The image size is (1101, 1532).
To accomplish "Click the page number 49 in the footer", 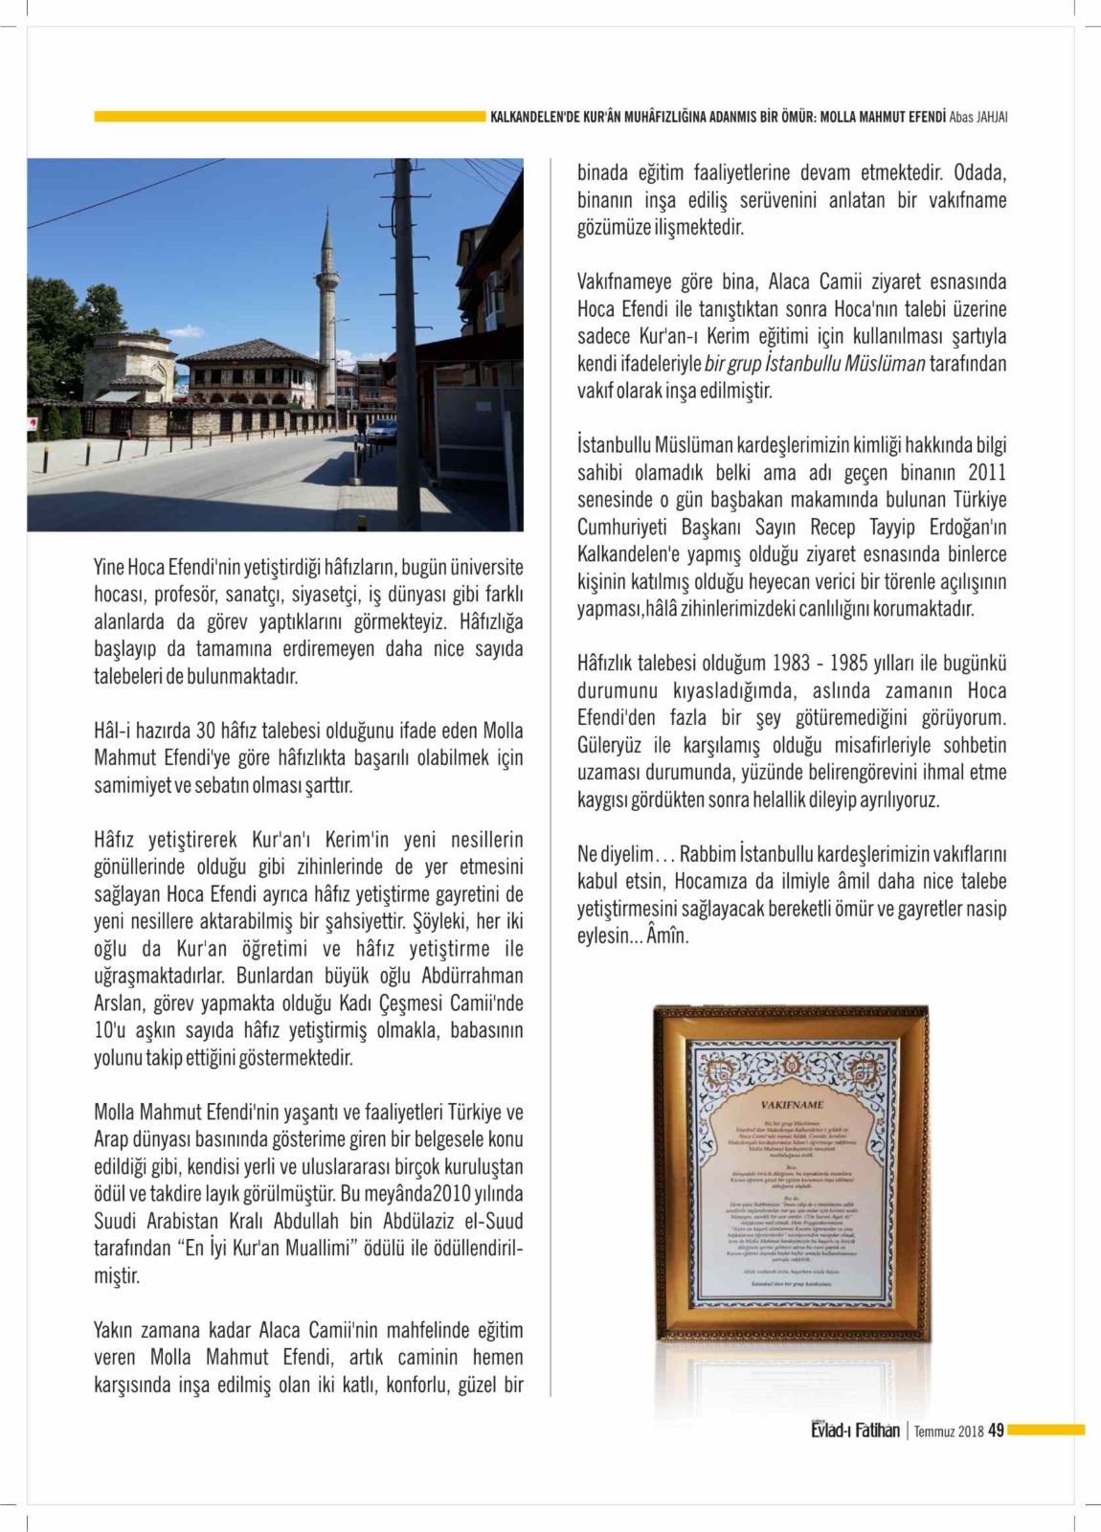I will [996, 1431].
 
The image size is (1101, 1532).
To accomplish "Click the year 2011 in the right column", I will [987, 473].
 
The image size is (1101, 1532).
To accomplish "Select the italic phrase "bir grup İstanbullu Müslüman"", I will [815, 364].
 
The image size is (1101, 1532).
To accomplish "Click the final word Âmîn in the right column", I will [667, 935].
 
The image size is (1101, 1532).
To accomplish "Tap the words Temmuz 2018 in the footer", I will [949, 1431].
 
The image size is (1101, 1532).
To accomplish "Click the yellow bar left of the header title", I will [288, 117].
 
